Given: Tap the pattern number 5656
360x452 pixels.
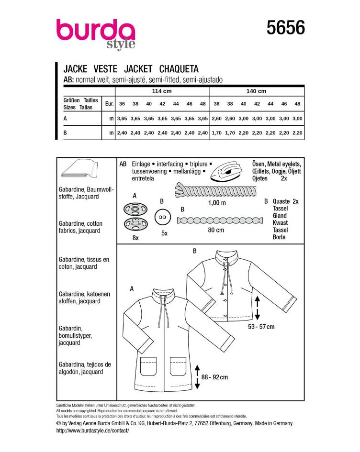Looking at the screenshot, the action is coord(286,28).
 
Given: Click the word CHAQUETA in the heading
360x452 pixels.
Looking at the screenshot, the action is coord(179,69).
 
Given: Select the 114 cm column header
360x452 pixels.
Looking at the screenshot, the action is coord(162,91).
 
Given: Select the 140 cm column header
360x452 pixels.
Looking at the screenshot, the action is coord(256,91).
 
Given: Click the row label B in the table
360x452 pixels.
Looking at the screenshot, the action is coord(65,132).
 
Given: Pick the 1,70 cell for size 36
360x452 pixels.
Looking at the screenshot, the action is coord(217,133).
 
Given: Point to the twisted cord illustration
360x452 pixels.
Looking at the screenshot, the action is coord(215,190).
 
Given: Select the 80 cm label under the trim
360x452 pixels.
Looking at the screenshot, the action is coord(216,230).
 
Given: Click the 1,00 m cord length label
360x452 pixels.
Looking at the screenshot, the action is coord(217,203).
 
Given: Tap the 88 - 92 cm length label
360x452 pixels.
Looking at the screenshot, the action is coord(214,377).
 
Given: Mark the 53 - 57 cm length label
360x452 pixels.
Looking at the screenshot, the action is coord(261,327).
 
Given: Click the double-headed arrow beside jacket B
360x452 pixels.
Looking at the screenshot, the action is coord(257,308).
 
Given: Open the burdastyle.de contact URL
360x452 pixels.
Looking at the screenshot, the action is coord(92,430).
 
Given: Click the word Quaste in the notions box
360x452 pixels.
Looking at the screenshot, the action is coord(281,201).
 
